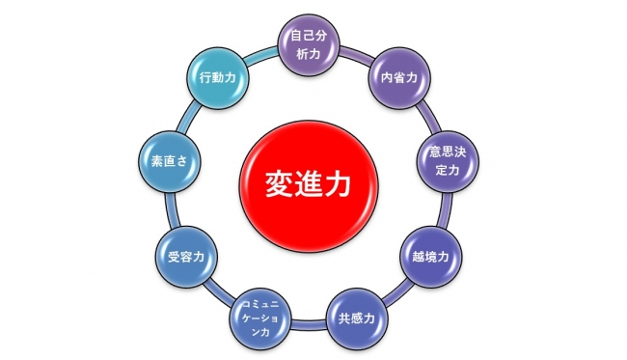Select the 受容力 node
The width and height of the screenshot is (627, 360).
(x=185, y=258)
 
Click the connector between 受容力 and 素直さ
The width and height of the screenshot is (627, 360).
(x=172, y=210)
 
